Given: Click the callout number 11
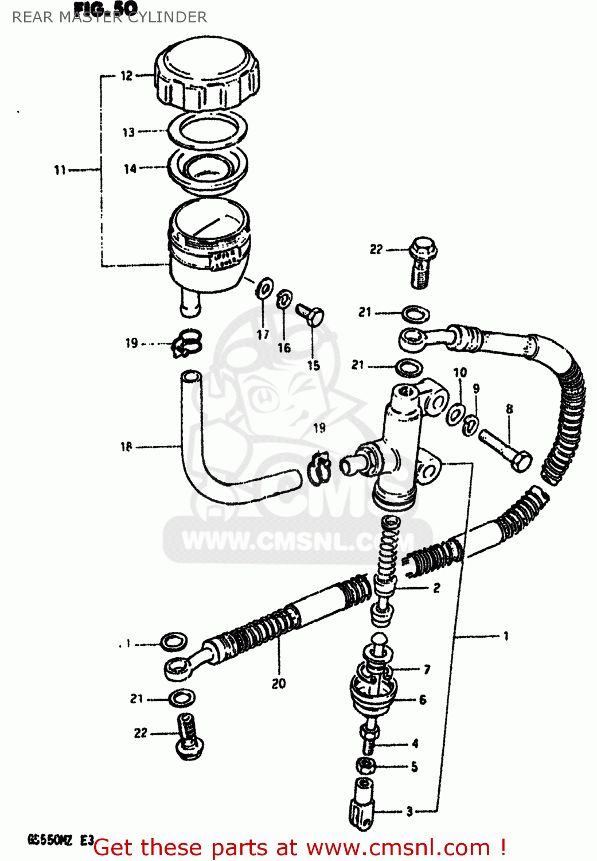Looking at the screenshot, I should (60, 170).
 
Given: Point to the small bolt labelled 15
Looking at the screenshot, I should (311, 314).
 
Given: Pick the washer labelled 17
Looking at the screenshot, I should (264, 287).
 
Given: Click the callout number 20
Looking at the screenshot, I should (279, 684).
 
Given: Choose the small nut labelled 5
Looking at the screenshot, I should (366, 765).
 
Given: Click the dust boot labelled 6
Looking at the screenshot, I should (372, 689).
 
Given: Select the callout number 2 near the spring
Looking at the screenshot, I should (436, 588).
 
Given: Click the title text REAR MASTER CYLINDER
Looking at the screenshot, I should (110, 17).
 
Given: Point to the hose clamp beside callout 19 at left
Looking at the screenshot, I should (186, 343).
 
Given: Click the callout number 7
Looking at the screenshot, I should (427, 669).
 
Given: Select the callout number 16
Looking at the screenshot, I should (284, 348).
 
